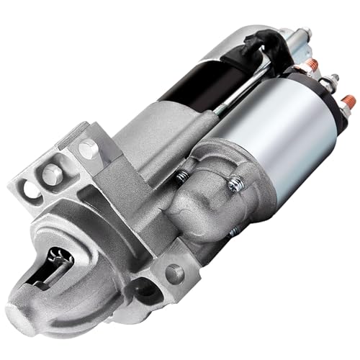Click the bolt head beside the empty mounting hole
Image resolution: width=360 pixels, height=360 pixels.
point(52,173)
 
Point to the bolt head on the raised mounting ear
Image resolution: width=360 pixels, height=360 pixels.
point(88,148)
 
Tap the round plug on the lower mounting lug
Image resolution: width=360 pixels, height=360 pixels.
point(174,274)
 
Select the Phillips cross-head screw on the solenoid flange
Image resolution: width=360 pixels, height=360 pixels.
point(235,185)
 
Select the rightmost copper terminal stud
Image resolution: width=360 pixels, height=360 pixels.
point(347,102)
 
